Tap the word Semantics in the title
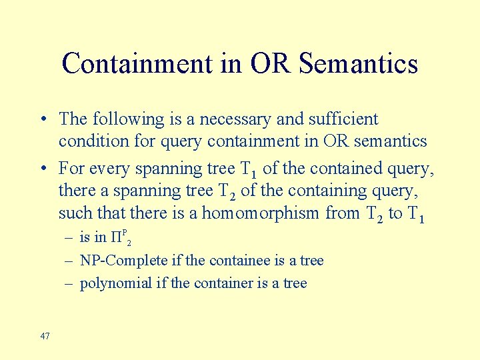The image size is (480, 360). coord(359,64)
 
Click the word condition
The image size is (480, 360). coord(93,141)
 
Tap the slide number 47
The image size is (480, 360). coord(45,336)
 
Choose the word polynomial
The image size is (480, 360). coord(115,283)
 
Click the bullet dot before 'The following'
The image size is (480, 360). coord(42,120)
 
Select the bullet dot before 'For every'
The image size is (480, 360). coord(42,169)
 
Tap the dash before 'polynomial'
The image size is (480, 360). coord(69,283)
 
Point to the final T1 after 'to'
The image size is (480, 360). coord(415,215)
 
